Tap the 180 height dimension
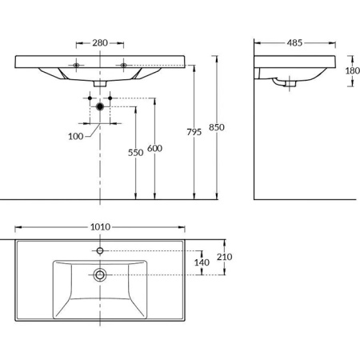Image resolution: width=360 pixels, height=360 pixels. (x=353, y=70)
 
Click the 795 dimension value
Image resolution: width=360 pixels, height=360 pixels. (x=190, y=132)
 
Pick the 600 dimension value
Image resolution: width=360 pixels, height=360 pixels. (x=154, y=149)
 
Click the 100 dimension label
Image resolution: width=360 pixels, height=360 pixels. (x=76, y=137)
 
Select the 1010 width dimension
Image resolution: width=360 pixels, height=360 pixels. (x=100, y=227)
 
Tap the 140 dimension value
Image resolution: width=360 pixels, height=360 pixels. (x=202, y=262)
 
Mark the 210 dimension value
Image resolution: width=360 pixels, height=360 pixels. (x=226, y=257)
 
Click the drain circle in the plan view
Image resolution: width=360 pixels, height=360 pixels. (x=100, y=274)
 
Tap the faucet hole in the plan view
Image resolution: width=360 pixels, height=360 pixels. (x=100, y=250)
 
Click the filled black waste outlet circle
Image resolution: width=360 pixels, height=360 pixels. (x=100, y=106)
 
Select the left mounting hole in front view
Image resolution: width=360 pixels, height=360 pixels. (x=77, y=65)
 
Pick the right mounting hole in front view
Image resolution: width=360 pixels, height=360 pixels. (x=123, y=65)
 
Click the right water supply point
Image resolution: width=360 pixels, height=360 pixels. (x=111, y=98)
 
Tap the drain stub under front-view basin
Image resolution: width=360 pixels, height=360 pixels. (x=100, y=82)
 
